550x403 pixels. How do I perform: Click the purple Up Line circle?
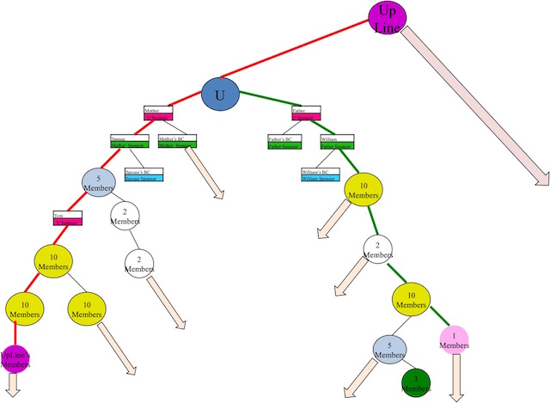[388, 17]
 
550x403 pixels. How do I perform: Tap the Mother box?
[158, 113]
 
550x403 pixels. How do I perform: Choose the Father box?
[306, 113]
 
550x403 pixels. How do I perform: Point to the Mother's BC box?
[177, 142]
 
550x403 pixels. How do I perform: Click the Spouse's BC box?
[143, 175]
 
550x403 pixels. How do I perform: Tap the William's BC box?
[318, 175]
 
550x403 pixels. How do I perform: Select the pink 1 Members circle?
[455, 340]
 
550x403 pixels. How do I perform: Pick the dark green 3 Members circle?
[416, 383]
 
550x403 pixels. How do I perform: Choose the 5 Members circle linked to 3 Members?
[388, 351]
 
